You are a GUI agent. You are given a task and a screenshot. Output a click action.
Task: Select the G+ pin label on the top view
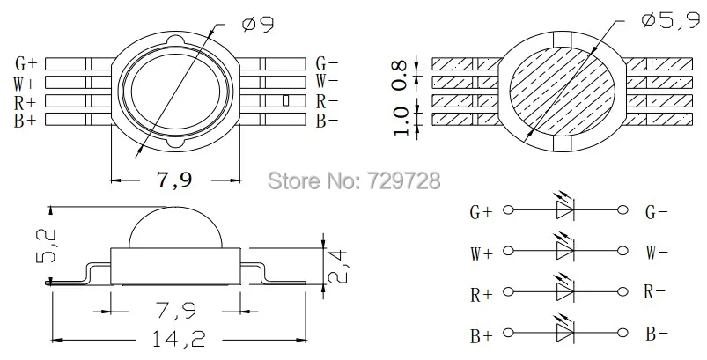(x=26, y=63)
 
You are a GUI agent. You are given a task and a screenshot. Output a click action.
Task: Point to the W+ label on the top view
(x=26, y=82)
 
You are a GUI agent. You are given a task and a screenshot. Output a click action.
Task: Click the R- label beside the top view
(x=328, y=101)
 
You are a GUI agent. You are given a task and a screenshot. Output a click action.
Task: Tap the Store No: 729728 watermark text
(x=353, y=182)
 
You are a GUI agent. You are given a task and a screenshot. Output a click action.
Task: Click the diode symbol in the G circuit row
(x=564, y=209)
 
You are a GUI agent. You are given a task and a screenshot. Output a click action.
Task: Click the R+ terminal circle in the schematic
(x=507, y=293)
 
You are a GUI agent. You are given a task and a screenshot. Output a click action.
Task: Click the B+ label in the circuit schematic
(x=482, y=334)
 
